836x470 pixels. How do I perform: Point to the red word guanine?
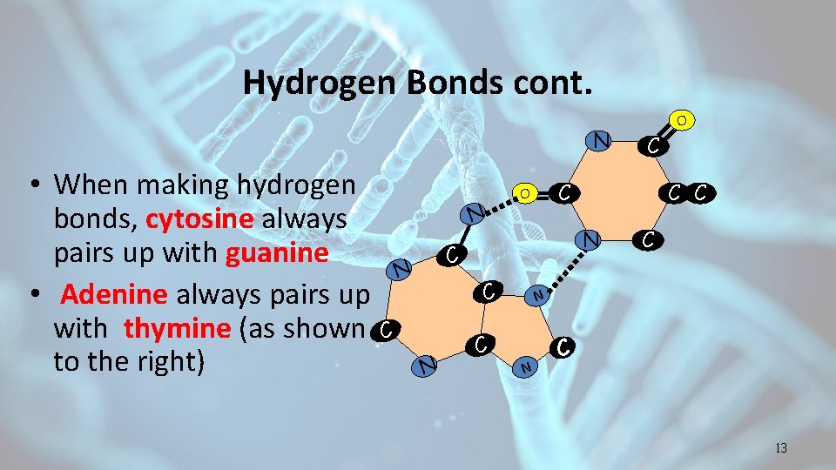coord(276,252)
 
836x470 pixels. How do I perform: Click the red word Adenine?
coord(114,293)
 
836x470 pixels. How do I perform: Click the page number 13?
coord(780,448)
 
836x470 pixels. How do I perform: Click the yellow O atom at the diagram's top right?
coord(684,118)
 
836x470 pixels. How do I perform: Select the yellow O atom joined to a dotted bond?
coord(524,192)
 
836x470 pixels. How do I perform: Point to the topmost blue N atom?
coord(599,139)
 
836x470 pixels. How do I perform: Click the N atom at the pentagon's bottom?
coord(525,368)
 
